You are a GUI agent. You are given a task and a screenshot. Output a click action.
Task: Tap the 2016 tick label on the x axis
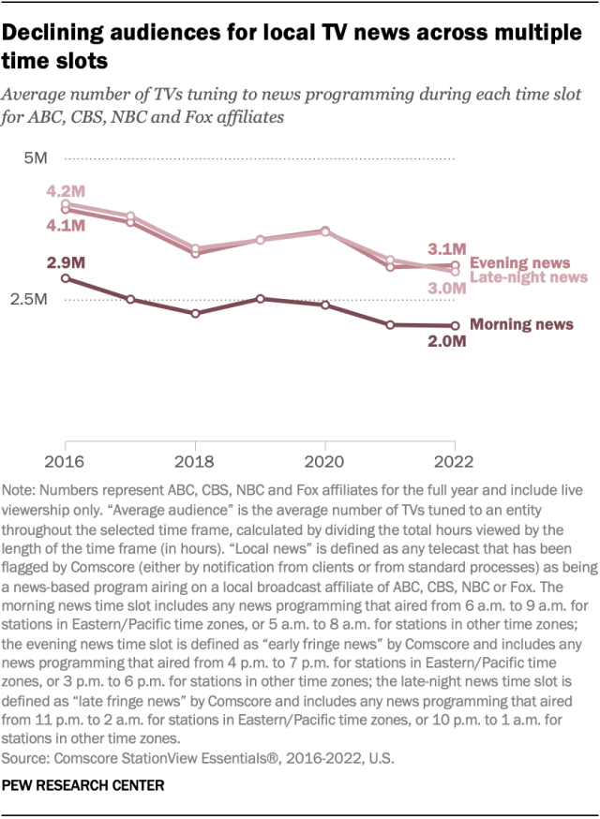coord(66,461)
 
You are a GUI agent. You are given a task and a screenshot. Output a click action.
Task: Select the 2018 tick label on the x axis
coord(195,461)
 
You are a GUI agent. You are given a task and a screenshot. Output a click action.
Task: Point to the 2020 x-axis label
coord(324,461)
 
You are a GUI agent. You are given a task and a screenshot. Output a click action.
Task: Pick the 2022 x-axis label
coord(454,461)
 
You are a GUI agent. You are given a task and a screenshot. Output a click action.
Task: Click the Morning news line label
coord(521,325)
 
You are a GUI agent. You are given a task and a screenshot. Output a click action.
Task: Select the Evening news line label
coord(520,262)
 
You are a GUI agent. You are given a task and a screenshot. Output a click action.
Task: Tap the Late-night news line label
coord(528,277)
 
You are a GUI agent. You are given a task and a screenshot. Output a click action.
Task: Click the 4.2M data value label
coord(66,191)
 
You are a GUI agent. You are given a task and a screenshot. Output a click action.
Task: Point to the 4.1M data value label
coord(66,226)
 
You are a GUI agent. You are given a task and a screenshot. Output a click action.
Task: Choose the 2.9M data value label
coord(66,261)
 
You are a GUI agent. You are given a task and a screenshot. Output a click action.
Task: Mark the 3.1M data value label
coord(446,248)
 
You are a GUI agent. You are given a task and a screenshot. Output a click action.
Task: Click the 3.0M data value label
coord(446,289)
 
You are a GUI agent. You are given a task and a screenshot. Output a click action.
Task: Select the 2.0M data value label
coord(446,342)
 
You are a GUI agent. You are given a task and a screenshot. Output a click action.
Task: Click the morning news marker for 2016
coord(66,278)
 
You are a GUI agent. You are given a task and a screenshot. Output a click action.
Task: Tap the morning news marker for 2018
coord(195,313)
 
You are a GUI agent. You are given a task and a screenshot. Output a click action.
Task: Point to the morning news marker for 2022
coord(455,326)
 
